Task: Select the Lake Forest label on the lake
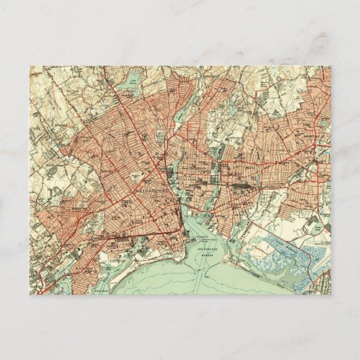129,88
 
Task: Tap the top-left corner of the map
30,66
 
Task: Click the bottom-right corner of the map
331,294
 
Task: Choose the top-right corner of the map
331,66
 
